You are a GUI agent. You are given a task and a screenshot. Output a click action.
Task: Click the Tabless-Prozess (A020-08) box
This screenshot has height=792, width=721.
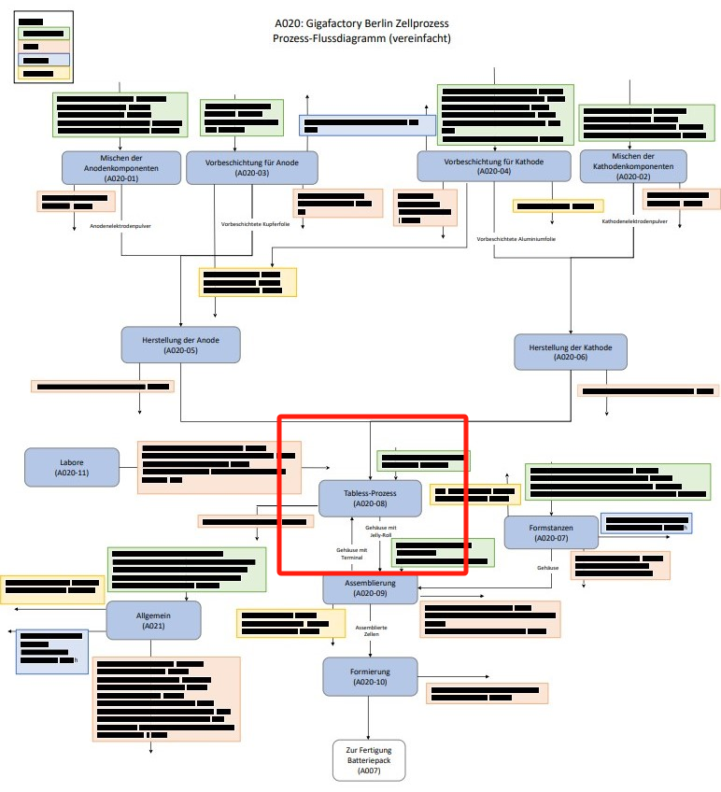coord(370,498)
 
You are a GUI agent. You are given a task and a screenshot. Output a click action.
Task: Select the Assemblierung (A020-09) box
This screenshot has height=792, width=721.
coord(371,587)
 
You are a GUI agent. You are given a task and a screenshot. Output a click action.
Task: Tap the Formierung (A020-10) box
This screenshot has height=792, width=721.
coord(370,677)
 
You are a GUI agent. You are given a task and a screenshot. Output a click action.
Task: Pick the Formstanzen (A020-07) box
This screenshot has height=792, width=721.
coord(551,533)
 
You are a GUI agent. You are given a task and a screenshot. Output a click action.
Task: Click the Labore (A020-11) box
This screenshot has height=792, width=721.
coord(72,468)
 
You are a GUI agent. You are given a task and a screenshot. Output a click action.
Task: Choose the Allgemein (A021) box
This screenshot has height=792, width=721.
coord(154,620)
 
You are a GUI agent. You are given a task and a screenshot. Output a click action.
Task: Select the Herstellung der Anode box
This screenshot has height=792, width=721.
coord(181,345)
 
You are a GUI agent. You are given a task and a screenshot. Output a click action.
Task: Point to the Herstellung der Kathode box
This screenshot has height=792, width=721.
coord(571,351)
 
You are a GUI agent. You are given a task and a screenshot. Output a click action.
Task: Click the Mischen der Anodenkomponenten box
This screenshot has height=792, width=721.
coord(121,167)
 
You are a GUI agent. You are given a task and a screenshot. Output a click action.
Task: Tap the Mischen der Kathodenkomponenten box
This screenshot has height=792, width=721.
coord(633,166)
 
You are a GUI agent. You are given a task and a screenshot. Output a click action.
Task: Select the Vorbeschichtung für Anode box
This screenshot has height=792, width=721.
coord(252,167)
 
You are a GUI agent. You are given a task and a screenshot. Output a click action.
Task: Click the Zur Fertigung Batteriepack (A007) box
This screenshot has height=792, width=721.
coord(369,760)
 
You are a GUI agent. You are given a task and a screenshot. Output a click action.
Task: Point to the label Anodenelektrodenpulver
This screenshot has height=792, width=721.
coord(121,226)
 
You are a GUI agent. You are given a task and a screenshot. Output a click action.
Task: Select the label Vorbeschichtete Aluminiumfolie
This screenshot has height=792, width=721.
coord(516,239)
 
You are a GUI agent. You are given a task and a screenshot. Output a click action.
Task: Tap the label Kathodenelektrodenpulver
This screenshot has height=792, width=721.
coord(634,222)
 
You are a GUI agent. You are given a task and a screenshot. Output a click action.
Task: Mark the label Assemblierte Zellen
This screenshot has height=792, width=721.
coord(371,631)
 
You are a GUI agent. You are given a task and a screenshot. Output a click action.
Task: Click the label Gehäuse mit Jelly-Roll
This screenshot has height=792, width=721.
coord(381,531)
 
